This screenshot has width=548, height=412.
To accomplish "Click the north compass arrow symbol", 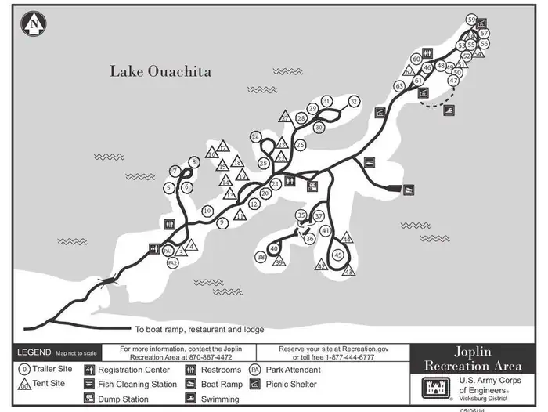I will pyautogui.click(x=34, y=24).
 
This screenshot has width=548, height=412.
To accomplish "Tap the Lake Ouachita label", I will pyautogui.click(x=160, y=71).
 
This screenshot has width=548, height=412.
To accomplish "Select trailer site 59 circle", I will pyautogui.click(x=470, y=20).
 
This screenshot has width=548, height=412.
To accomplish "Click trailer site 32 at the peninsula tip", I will pyautogui.click(x=354, y=101).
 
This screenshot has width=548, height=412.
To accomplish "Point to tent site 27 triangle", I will pyautogui.click(x=285, y=116).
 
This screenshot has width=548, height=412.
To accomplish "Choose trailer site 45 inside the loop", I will pyautogui.click(x=338, y=255).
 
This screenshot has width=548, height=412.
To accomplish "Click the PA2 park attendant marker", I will pyautogui.click(x=172, y=264).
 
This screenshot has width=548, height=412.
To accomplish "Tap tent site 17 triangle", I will pyautogui.click(x=223, y=146).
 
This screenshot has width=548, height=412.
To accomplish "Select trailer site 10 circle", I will pyautogui.click(x=207, y=211).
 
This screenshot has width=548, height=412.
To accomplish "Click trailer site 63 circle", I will pyautogui.click(x=399, y=85).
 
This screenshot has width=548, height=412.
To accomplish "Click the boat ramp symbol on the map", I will pyautogui.click(x=408, y=190).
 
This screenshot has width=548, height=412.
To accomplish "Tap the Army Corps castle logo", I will pyautogui.click(x=432, y=387).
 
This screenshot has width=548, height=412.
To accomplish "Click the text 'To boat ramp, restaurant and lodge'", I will pyautogui.click(x=199, y=330).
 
